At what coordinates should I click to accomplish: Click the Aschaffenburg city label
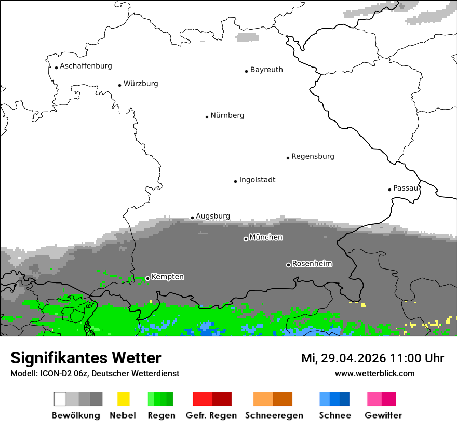click(86, 66)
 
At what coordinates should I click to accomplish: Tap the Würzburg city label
click(141, 84)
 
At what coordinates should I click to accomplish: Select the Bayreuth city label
click(266, 70)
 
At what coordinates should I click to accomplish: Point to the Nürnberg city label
click(227, 115)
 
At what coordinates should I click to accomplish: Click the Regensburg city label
click(313, 156)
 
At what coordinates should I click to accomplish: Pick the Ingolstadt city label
click(257, 180)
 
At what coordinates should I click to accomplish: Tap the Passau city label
click(406, 188)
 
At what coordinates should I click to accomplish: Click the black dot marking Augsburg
click(192, 218)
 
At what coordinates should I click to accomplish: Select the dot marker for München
click(246, 239)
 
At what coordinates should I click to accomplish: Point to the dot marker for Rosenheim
click(288, 265)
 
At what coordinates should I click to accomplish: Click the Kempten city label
click(167, 277)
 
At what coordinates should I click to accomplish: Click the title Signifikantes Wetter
click(86, 358)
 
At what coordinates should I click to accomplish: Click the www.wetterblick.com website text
click(374, 373)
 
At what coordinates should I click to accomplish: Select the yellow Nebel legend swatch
click(123, 399)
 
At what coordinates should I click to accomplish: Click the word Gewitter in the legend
click(383, 415)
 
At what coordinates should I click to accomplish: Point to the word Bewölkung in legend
click(76, 415)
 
